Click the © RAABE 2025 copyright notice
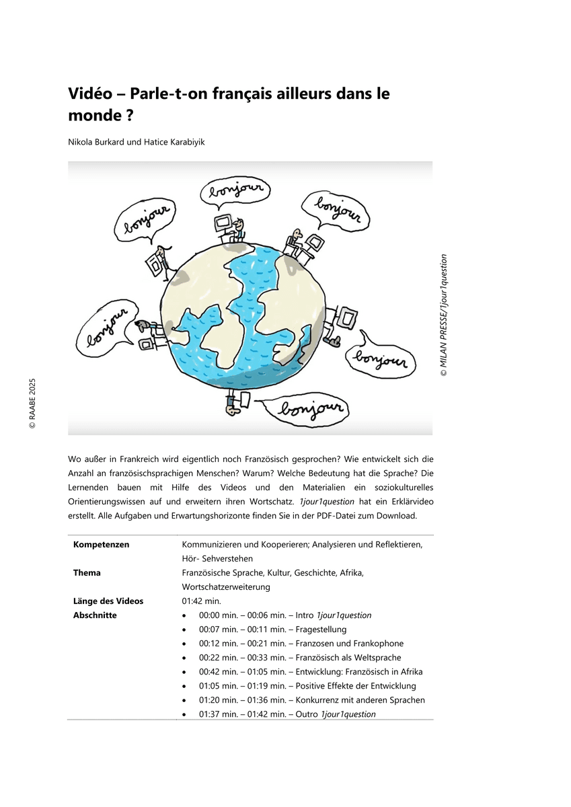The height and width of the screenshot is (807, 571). click(x=32, y=403)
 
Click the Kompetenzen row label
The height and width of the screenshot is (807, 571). click(x=102, y=545)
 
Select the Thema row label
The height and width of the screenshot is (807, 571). click(x=87, y=573)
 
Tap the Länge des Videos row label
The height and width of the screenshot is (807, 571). click(x=108, y=601)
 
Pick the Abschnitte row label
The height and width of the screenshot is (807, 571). click(x=95, y=615)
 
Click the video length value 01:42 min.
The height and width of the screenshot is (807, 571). click(x=200, y=601)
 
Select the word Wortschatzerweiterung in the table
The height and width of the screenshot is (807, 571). click(x=226, y=587)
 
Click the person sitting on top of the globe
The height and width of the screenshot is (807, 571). click(x=238, y=227)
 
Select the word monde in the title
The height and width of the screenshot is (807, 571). click(x=93, y=115)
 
